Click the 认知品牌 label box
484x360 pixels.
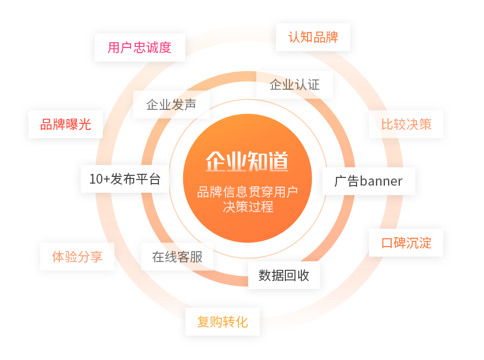(x=313, y=37)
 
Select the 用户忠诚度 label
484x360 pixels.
(x=140, y=47)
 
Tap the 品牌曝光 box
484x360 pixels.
(x=66, y=124)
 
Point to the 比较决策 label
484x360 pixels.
(x=406, y=124)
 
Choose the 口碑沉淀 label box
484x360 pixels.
(x=406, y=242)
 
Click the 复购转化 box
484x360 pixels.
(x=222, y=322)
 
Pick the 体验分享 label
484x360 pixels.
(x=77, y=256)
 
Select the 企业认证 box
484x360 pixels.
(x=295, y=85)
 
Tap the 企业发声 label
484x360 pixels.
(x=171, y=105)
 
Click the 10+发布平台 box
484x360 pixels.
(x=125, y=179)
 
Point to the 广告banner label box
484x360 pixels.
(x=368, y=181)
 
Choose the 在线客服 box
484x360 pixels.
(x=177, y=256)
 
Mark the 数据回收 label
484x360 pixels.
(x=284, y=275)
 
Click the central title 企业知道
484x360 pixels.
(x=247, y=161)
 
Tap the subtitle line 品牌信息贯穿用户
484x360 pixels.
(x=247, y=192)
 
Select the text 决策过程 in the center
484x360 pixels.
(x=247, y=207)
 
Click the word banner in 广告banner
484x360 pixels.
(x=381, y=181)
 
